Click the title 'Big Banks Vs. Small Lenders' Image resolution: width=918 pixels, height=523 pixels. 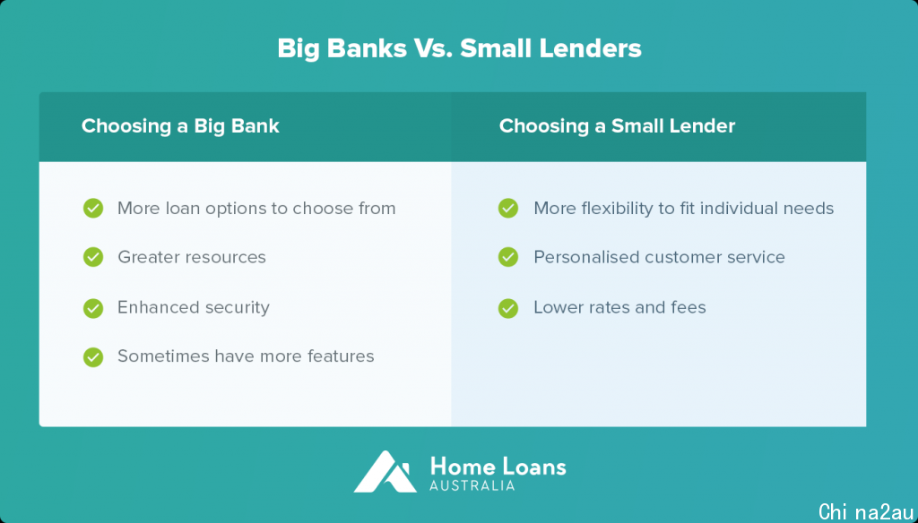point(459,48)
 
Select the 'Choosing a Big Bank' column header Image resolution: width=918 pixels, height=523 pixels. point(180,125)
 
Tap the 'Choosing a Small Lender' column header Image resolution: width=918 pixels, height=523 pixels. point(617,125)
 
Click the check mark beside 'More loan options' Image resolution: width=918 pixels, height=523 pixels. point(93,208)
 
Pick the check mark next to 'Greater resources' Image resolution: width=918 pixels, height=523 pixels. point(93,257)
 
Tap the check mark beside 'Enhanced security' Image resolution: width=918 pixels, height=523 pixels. point(93,308)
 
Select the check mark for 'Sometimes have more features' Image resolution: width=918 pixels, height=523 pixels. point(93,356)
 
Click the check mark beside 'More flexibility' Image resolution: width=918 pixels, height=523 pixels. point(508,208)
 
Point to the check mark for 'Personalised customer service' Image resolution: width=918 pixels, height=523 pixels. point(508,257)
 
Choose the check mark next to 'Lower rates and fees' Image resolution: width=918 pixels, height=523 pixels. point(508,308)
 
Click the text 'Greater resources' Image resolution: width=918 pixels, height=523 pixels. point(192,257)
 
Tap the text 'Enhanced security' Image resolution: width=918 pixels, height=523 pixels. point(194,308)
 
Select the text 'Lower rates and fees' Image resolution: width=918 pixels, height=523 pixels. point(619,307)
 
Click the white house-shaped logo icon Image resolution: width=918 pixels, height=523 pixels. point(385,471)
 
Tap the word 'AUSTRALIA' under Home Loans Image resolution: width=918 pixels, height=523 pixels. point(472,485)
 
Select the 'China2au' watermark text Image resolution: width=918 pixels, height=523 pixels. point(866,511)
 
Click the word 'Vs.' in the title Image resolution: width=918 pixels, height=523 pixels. point(433,48)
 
